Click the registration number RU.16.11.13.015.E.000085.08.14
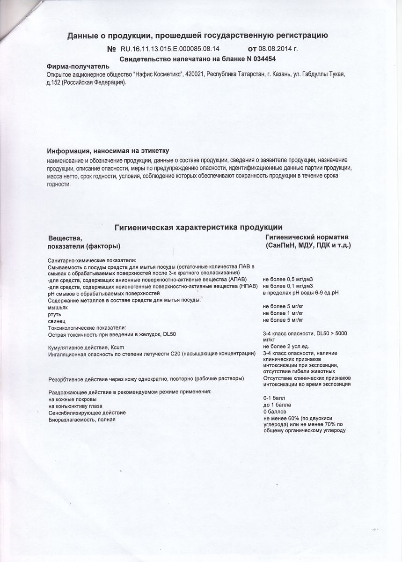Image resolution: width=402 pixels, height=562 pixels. point(170,48)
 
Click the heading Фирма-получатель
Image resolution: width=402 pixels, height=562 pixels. point(78,67)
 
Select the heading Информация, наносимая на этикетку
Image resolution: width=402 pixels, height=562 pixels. point(108,151)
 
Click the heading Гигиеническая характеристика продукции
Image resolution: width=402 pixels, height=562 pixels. point(198,228)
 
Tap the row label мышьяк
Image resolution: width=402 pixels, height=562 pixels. point(58,307)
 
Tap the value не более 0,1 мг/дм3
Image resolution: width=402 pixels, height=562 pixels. point(288,286)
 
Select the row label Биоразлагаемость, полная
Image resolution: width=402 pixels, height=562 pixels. point(82,420)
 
